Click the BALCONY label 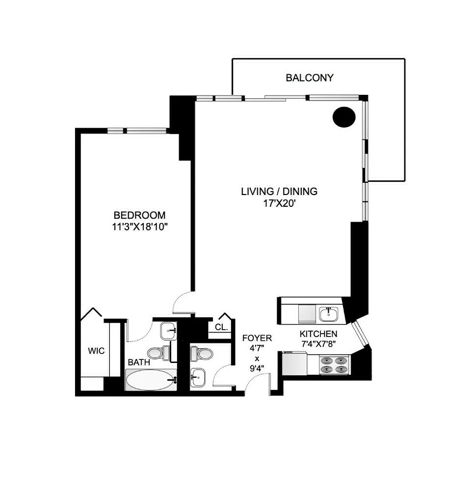(x=310, y=78)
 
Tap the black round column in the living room (x=344, y=117)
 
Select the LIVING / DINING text (x=279, y=191)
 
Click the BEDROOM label (x=139, y=215)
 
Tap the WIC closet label (x=96, y=351)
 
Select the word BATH (x=139, y=362)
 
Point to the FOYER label (x=257, y=338)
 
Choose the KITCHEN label (x=318, y=334)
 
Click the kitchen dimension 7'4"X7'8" (x=318, y=344)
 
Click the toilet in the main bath (x=158, y=352)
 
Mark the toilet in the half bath (x=201, y=352)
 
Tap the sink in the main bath (x=168, y=330)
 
